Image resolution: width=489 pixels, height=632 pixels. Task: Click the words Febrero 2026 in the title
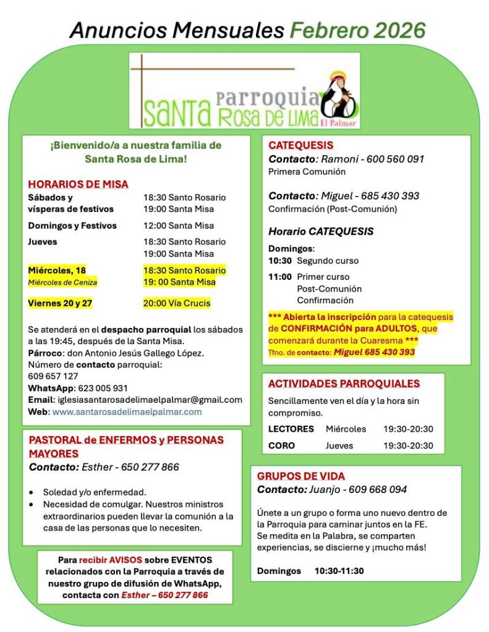[x=358, y=30]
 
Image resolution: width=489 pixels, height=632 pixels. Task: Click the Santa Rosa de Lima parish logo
[x=244, y=90]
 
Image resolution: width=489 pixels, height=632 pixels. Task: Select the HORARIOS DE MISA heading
[x=78, y=184]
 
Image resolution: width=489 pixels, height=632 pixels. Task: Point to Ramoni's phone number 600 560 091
[x=395, y=159]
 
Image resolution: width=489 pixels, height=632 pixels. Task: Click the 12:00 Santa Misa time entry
[x=179, y=225]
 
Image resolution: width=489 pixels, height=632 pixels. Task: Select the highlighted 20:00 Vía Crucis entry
[x=177, y=303]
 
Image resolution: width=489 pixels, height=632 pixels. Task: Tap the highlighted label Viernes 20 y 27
[x=61, y=303]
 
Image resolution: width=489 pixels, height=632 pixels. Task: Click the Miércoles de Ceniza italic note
[x=62, y=282]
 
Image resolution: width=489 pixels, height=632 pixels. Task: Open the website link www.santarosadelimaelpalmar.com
[x=127, y=411]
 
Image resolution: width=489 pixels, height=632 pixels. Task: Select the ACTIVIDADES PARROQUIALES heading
[x=344, y=384]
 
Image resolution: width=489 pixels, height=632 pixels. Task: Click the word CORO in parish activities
[x=281, y=445]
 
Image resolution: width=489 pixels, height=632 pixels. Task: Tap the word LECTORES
[x=291, y=429]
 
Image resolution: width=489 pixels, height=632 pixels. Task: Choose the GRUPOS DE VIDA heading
[x=300, y=476]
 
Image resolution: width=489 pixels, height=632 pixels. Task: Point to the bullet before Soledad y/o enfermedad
[x=32, y=493]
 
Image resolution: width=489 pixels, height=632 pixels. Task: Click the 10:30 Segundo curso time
[x=279, y=261]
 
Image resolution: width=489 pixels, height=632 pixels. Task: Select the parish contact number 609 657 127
[x=53, y=376]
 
